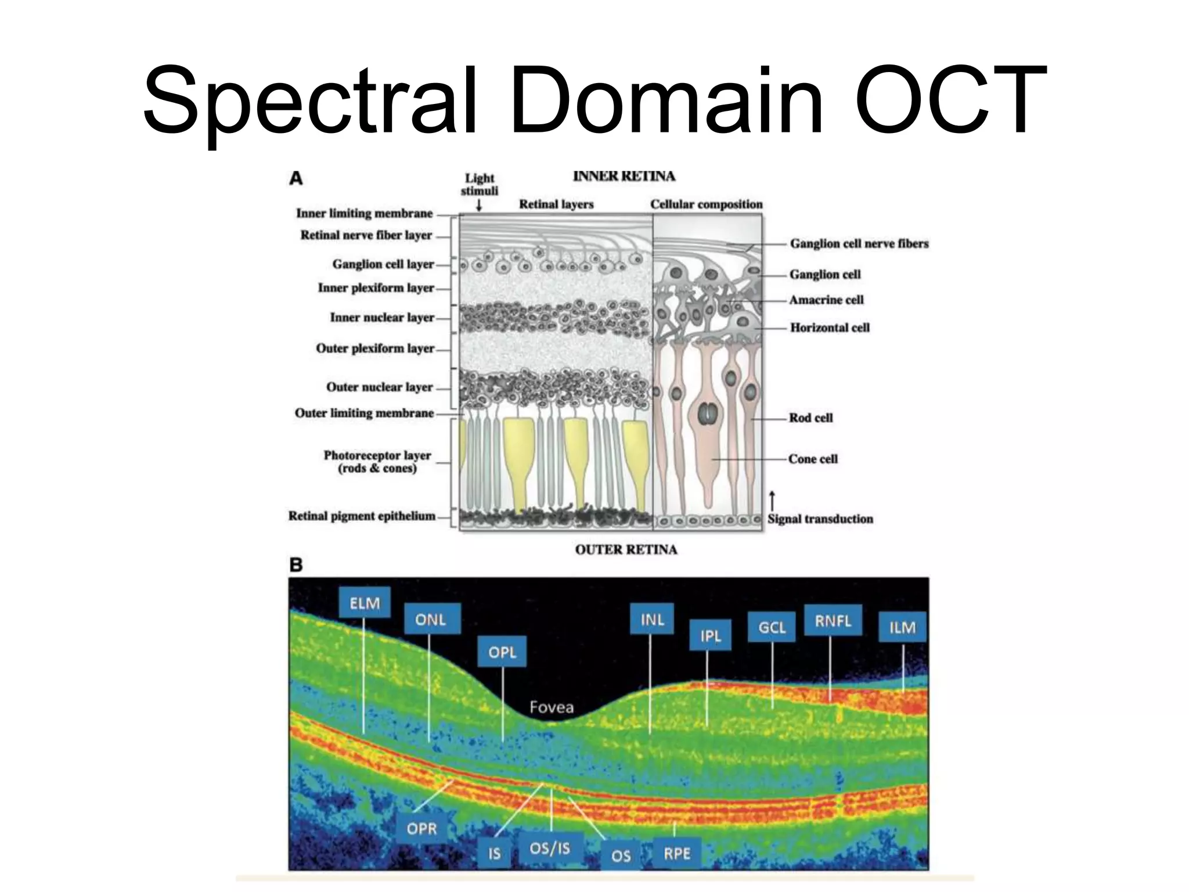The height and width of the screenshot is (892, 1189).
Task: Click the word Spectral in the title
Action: (x=311, y=100)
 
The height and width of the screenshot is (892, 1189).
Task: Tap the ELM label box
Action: (x=365, y=603)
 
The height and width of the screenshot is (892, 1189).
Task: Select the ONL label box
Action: (x=430, y=619)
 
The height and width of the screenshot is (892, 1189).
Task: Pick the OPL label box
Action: (x=502, y=652)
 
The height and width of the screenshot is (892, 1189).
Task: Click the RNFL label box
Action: (x=833, y=621)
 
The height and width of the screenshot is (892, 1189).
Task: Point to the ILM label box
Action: (x=902, y=627)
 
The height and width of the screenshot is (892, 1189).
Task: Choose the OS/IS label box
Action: (x=550, y=848)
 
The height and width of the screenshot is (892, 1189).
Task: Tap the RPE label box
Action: (x=677, y=853)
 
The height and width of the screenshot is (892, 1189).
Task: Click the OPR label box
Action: (x=421, y=828)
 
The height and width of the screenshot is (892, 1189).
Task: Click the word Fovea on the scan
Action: (x=552, y=707)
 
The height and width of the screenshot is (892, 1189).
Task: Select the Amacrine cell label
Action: (x=826, y=300)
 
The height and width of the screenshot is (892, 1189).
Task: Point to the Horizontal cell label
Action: (x=830, y=328)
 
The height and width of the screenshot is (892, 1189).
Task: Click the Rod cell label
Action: (x=810, y=418)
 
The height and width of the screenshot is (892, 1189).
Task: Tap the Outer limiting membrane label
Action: (x=364, y=413)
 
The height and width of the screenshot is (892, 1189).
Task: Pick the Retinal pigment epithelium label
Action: (x=362, y=516)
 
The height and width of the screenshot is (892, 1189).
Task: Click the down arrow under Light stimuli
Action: (x=479, y=205)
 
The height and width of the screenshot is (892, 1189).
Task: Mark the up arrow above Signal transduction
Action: (x=772, y=501)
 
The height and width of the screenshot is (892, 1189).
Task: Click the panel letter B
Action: (x=296, y=564)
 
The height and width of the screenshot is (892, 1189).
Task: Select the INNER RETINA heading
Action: (x=624, y=176)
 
